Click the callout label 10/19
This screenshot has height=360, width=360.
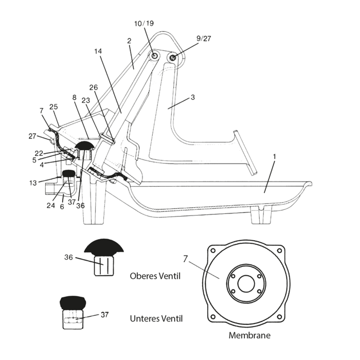143,24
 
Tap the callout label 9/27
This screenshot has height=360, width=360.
204,39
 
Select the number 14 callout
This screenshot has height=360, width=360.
98,51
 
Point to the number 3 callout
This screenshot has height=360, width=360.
193,97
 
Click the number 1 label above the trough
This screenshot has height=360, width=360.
274,156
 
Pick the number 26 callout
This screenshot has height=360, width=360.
94,87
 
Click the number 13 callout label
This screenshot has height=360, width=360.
33,183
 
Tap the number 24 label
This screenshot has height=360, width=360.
51,205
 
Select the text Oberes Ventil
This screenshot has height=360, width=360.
155,276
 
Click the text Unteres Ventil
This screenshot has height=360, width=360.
156,318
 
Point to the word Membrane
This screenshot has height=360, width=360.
249,335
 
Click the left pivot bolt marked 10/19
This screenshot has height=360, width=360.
154,56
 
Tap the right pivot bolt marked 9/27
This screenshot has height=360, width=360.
173,57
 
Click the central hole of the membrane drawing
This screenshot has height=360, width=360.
246,283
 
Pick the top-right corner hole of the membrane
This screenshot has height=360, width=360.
279,250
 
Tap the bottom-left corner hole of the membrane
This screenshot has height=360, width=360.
213,317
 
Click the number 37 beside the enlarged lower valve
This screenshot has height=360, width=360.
104,315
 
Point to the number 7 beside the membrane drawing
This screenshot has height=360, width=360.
185,259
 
